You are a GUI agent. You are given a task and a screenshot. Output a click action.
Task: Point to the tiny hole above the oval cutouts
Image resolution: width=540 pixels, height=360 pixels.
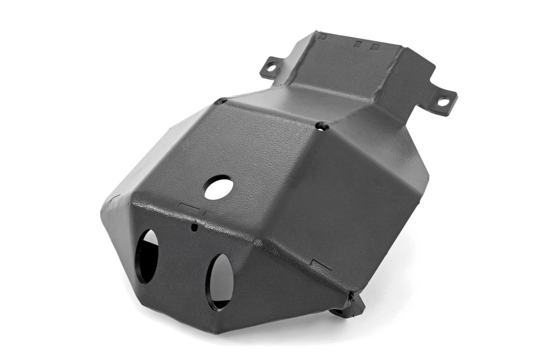click(194, 228)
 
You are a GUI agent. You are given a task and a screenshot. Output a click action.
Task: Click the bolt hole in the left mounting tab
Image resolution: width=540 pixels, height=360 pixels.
click(271, 68)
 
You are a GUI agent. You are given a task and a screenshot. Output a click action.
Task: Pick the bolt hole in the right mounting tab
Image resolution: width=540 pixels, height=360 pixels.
click(443, 102)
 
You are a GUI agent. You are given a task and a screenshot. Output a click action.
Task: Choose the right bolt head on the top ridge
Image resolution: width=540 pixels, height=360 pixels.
click(320, 126)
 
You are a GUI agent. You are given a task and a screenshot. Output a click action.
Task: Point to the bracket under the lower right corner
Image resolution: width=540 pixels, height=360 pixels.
click(349, 308)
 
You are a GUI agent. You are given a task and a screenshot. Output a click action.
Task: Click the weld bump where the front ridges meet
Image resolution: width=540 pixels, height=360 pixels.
click(258, 243)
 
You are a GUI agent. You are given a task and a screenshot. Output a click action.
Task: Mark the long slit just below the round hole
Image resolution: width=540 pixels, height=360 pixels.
click(189, 205)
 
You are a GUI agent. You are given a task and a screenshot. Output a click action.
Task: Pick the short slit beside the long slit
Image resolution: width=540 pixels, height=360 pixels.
click(204, 211)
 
